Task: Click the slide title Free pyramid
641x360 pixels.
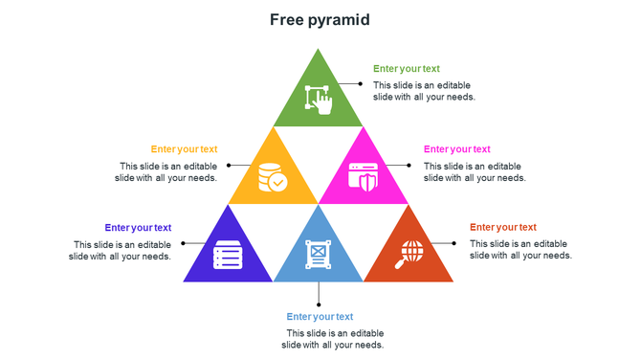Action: click(320, 19)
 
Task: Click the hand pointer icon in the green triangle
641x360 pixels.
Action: click(319, 101)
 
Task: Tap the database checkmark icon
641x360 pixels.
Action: click(272, 178)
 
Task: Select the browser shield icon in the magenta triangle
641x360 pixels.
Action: click(365, 178)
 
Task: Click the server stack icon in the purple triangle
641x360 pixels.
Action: click(228, 256)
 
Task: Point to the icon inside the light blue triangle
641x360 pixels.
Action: click(319, 255)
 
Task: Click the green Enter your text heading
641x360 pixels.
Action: click(407, 69)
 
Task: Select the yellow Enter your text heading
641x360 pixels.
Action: click(184, 149)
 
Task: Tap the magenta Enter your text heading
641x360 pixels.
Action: click(457, 149)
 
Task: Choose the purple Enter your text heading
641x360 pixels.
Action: click(138, 228)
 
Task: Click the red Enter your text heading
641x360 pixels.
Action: click(503, 228)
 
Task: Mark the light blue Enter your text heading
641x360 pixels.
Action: click(320, 317)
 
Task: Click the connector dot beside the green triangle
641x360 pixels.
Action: click(360, 83)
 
